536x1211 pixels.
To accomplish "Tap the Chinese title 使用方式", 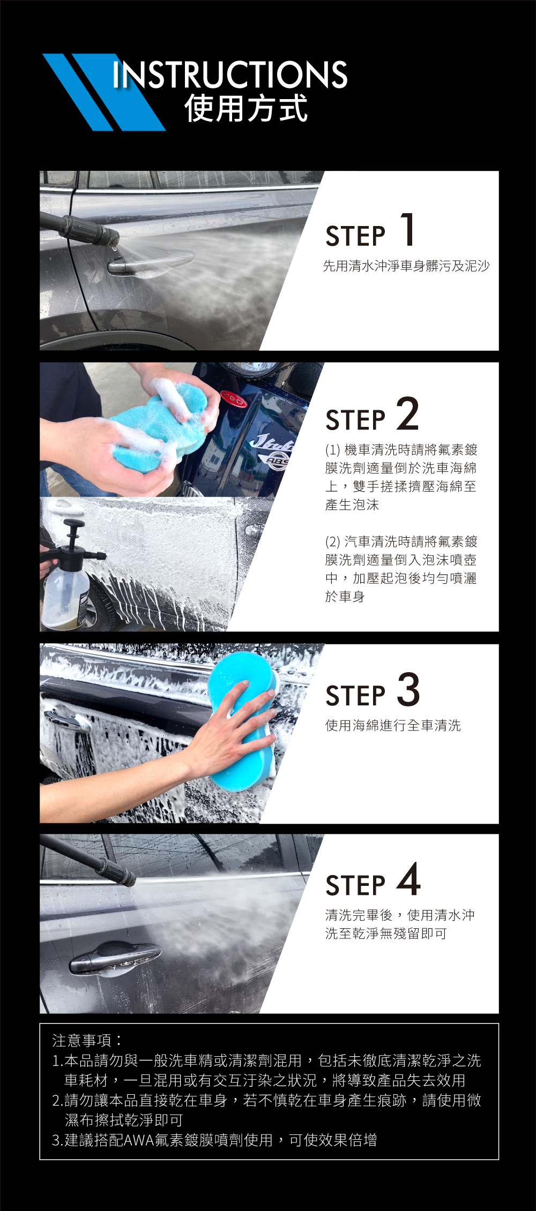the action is pos(246,108).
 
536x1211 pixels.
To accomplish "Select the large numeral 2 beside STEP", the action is pos(408,413).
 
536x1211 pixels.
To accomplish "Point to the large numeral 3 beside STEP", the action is pos(408,689).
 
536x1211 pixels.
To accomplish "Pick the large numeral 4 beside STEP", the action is pos(408,879).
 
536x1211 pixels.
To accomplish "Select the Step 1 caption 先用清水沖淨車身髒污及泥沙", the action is pos(406,266).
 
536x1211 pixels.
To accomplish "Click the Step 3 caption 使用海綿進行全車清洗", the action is pos(393,725).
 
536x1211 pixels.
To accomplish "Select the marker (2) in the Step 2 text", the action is pos(333,541).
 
